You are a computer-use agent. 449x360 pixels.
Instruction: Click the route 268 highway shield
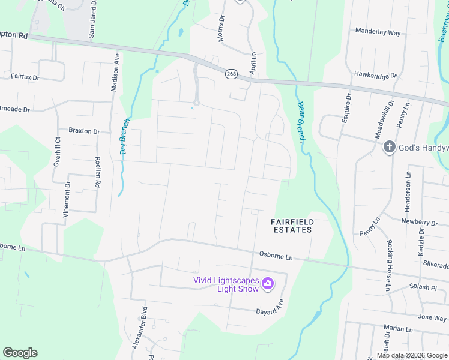pyautogui.click(x=231, y=74)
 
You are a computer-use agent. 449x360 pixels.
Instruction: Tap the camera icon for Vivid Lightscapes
pyautogui.click(x=268, y=283)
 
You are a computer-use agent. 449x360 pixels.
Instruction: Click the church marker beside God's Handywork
pyautogui.click(x=389, y=146)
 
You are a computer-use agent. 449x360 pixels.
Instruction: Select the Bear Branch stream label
pyautogui.click(x=301, y=122)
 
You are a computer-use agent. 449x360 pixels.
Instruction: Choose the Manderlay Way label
pyautogui.click(x=378, y=32)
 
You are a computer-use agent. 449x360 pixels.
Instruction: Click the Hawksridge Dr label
pyautogui.click(x=376, y=76)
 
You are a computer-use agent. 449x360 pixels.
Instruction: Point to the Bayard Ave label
pyautogui.click(x=269, y=311)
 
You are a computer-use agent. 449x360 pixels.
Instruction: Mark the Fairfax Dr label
pyautogui.click(x=25, y=77)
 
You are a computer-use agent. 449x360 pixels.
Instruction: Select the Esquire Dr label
pyautogui.click(x=346, y=109)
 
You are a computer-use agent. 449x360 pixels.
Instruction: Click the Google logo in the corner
pyautogui.click(x=20, y=353)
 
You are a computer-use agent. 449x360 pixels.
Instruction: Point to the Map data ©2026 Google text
pyautogui.click(x=412, y=355)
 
